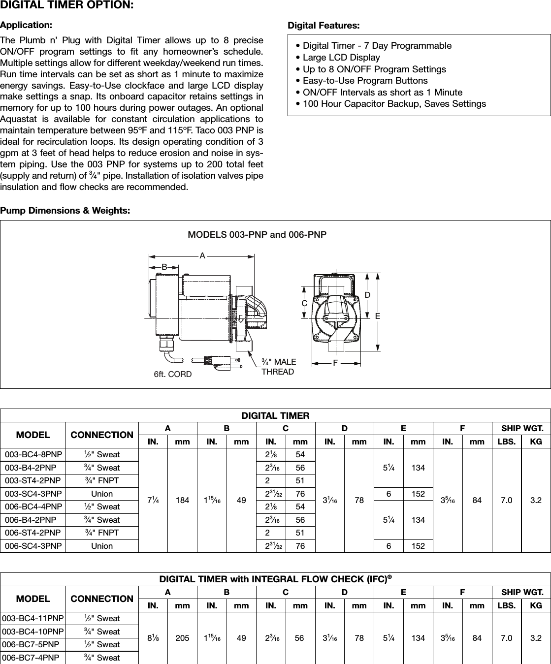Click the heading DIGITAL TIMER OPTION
pyautogui.click(x=66, y=6)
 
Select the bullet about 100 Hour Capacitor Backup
pyautogui.click(x=391, y=104)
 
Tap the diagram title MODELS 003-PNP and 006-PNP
pyautogui.click(x=257, y=235)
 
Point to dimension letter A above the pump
pyautogui.click(x=202, y=256)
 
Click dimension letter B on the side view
pyautogui.click(x=164, y=266)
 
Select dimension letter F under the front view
pyautogui.click(x=335, y=363)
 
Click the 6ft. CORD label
pyautogui.click(x=172, y=375)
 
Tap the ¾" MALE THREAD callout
pyautogui.click(x=279, y=367)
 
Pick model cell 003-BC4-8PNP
pyautogui.click(x=33, y=455)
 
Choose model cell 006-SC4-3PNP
pyautogui.click(x=33, y=546)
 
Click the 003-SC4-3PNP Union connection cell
pyautogui.click(x=102, y=494)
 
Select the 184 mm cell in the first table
pyautogui.click(x=182, y=500)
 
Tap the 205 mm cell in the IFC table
pyautogui.click(x=182, y=638)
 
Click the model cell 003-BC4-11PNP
pyautogui.click(x=33, y=619)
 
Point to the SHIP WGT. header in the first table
pyautogui.click(x=522, y=429)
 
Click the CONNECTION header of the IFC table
pyautogui.click(x=102, y=599)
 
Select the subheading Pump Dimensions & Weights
pyautogui.click(x=65, y=211)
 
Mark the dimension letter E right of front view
pyautogui.click(x=378, y=316)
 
